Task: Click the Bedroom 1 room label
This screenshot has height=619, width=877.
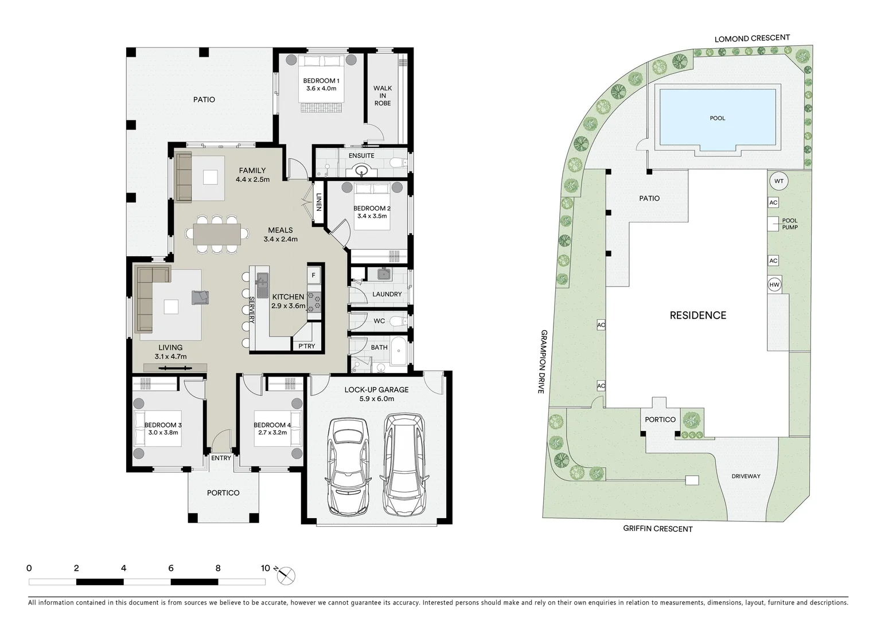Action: pos(321,84)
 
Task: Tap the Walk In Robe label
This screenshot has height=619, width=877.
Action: pos(383,96)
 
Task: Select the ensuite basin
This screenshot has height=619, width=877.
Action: pos(362,170)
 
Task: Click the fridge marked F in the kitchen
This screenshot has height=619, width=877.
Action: pos(313,276)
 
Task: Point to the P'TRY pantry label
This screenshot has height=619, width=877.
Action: pos(306,346)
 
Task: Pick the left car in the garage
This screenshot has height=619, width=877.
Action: pos(348,466)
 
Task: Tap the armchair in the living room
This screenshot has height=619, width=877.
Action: pos(200,297)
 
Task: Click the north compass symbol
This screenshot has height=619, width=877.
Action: pos(286,575)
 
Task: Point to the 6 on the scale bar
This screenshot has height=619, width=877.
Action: pos(171,569)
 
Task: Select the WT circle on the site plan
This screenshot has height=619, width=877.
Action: pos(778,181)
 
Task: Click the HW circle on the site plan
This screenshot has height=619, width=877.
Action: pos(774,284)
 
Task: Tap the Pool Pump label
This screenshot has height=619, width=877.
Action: pos(789,224)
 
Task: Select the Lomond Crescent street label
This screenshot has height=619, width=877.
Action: pos(752,38)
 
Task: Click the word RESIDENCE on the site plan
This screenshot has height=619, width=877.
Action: pos(698,315)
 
